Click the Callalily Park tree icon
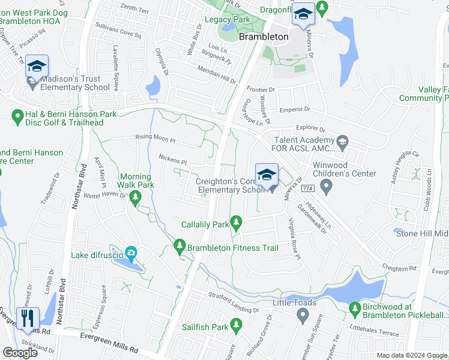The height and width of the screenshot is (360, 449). tap(237, 224)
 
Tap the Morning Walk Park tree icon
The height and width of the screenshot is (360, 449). tap(136, 198)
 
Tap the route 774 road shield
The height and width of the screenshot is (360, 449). tap(308, 188)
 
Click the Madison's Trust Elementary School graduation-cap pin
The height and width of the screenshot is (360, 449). tap(37, 67)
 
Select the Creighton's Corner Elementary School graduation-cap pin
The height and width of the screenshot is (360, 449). tap(267, 175)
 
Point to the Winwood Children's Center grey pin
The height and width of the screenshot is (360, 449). tap(327, 187)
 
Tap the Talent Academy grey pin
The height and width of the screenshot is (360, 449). tap(343, 143)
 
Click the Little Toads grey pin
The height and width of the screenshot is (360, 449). tap(301, 316)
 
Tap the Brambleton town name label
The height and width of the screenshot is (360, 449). tap(264, 37)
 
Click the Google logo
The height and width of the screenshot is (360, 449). tap(20, 353)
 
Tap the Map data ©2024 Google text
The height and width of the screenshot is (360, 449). tap(412, 355)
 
